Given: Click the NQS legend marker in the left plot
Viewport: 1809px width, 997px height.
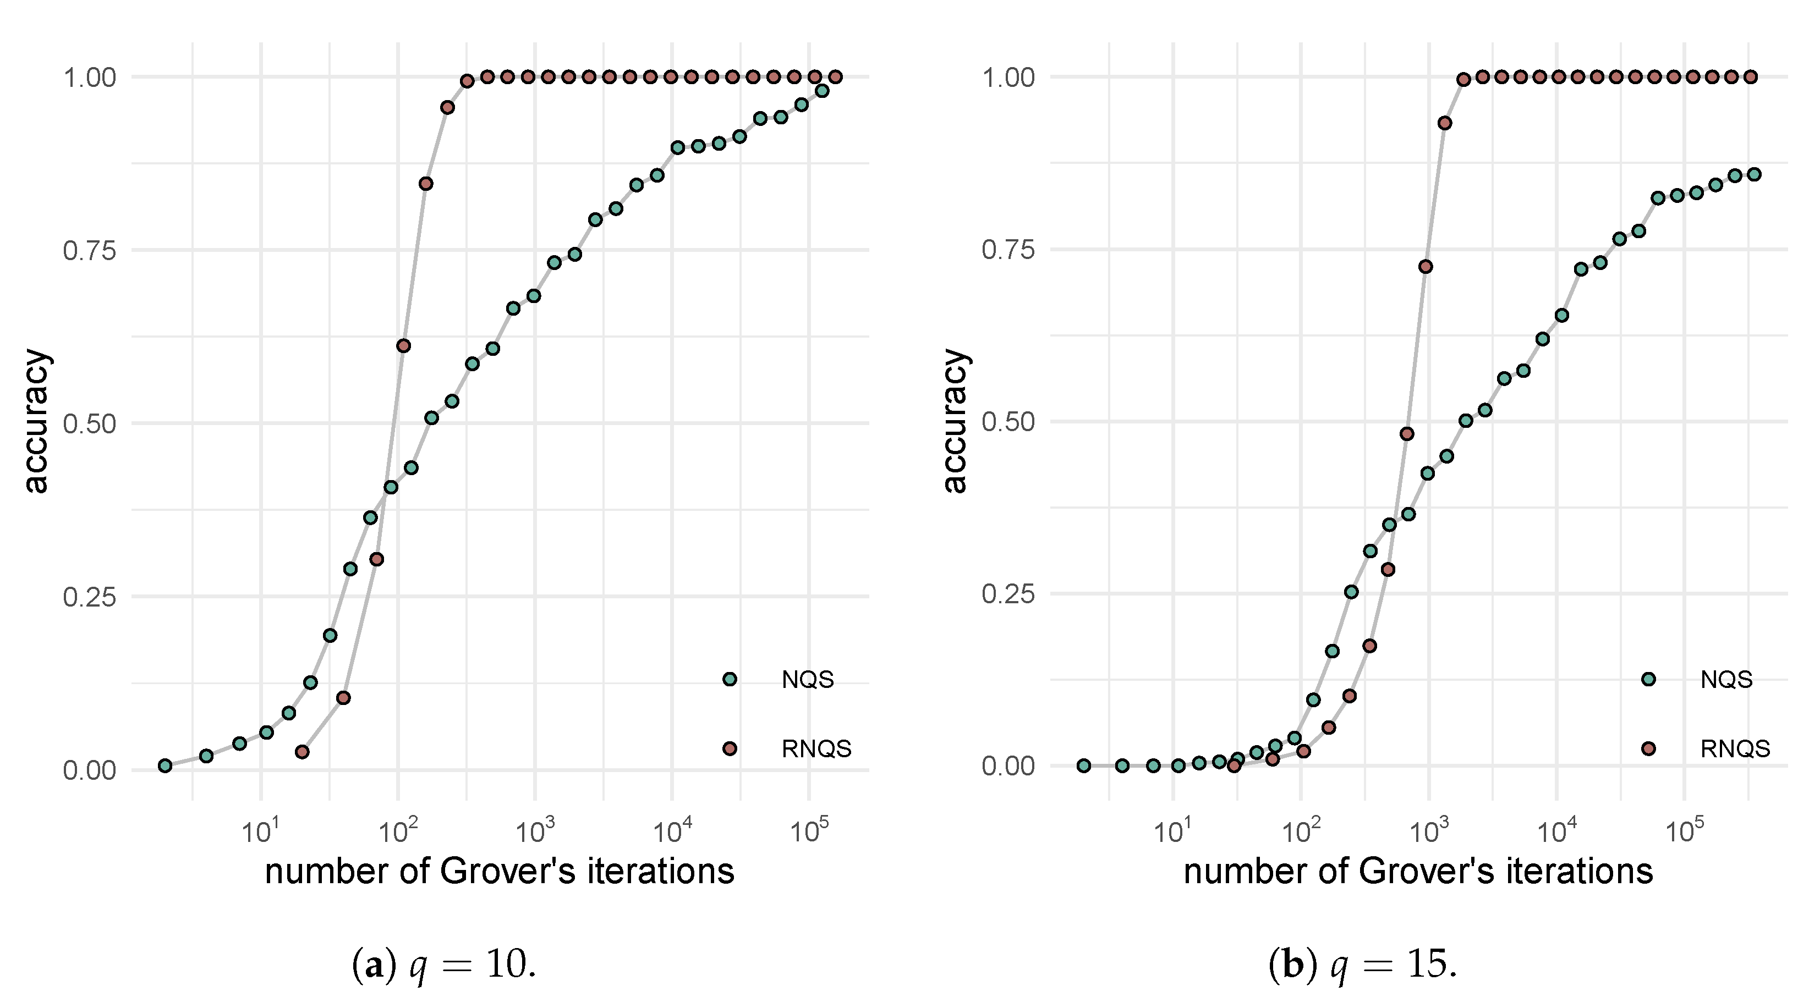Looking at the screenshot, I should click(x=730, y=679).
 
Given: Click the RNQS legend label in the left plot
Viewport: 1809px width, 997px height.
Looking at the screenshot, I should click(x=816, y=749).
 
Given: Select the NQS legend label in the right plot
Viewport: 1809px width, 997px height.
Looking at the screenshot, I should click(x=1726, y=679).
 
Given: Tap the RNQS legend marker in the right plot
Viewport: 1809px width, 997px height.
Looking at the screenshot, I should click(x=1648, y=748).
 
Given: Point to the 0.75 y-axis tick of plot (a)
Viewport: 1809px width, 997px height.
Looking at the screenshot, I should click(x=89, y=251).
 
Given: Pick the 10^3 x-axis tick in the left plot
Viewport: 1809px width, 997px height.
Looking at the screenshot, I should click(x=535, y=833).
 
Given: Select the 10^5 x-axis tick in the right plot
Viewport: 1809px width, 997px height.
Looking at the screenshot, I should click(x=1684, y=833).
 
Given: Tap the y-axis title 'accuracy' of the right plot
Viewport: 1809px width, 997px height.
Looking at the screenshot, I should click(x=955, y=421).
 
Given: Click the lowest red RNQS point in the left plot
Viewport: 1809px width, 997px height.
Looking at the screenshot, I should click(x=302, y=752).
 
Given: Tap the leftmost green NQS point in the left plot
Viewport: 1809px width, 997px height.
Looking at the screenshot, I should click(x=165, y=765).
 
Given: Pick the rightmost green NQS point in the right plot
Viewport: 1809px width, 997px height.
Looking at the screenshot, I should click(x=1753, y=174).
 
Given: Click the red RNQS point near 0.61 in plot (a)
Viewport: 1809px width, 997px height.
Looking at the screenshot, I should click(x=403, y=345).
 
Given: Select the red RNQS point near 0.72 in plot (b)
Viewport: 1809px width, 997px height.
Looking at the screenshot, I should click(x=1426, y=266).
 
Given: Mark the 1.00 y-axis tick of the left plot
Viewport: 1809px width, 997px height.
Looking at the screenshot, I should click(x=89, y=77).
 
